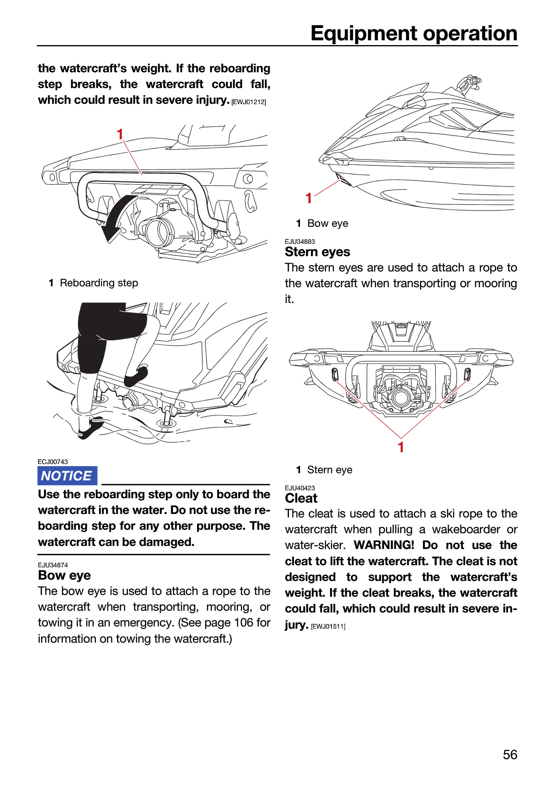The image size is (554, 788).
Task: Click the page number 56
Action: (510, 754)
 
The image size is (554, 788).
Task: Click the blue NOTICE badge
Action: (67, 476)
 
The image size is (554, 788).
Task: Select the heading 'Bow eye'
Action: (64, 575)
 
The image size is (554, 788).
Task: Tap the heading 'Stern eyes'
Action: (318, 252)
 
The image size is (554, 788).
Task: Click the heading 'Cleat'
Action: (301, 498)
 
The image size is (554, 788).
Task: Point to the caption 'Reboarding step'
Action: (99, 283)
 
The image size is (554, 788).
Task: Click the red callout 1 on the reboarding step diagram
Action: (120, 134)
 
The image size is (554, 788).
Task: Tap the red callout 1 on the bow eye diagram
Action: (309, 198)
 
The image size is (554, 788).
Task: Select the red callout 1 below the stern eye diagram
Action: (401, 447)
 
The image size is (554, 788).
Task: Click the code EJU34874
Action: (53, 565)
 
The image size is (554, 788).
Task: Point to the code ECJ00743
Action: (53, 462)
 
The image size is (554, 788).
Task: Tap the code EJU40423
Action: (300, 488)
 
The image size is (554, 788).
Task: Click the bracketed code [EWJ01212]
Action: (249, 102)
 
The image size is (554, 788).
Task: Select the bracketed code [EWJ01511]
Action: (328, 626)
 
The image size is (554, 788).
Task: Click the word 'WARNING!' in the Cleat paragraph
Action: (384, 545)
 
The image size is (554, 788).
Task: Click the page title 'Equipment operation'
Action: (414, 33)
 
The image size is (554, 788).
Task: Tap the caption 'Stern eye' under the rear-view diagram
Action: (330, 470)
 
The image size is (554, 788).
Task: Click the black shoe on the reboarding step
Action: (137, 376)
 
